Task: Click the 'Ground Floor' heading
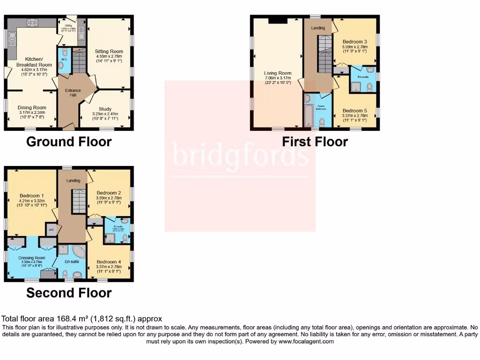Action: (69, 142)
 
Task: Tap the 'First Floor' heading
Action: (315, 142)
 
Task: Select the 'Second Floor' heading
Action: (69, 293)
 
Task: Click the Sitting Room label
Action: (109, 52)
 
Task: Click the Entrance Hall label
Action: (73, 93)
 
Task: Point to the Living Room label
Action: (277, 73)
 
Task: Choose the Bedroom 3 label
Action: (354, 42)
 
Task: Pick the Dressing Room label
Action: (32, 258)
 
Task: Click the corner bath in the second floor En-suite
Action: (79, 252)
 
